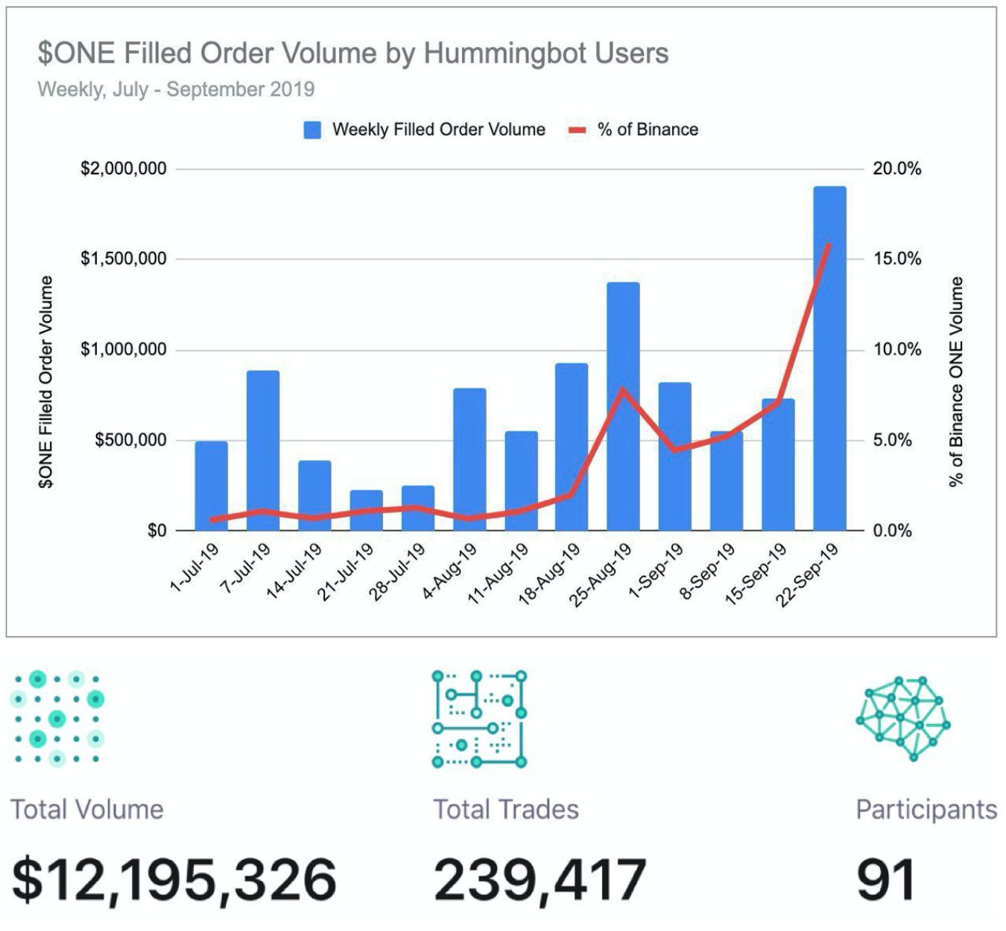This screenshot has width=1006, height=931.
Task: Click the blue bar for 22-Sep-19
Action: coord(829,358)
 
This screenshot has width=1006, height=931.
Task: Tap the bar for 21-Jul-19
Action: coord(366,510)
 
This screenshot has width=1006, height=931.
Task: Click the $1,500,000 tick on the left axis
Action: coord(124,259)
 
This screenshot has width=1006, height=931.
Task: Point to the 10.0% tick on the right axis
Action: coord(897,349)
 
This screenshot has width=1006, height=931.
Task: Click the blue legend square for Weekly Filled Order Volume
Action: coord(312,130)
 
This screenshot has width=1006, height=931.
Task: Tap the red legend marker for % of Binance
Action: coord(578,130)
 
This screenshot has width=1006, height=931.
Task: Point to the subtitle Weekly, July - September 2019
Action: coord(176,89)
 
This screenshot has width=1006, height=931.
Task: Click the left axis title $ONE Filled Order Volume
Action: coord(46,381)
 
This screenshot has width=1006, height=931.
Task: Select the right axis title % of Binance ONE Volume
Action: coord(956,381)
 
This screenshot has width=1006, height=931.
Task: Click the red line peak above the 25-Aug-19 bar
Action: coord(623,389)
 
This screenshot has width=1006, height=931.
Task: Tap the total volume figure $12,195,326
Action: coord(174,880)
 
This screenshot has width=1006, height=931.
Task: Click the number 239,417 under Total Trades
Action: coord(540,880)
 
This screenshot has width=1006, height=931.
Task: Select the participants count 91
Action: coord(885,880)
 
